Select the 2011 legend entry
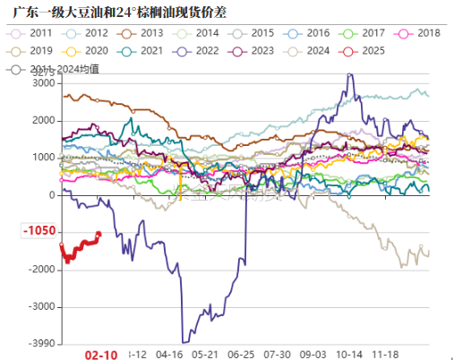click(x=31, y=33)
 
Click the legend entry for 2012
click(x=89, y=33)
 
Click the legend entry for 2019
click(x=31, y=50)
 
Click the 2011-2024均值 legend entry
click(x=45, y=67)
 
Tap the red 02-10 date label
click(x=100, y=355)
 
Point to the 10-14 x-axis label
click(x=351, y=354)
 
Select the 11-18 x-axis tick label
click(x=388, y=354)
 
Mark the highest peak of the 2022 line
click(x=348, y=74)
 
